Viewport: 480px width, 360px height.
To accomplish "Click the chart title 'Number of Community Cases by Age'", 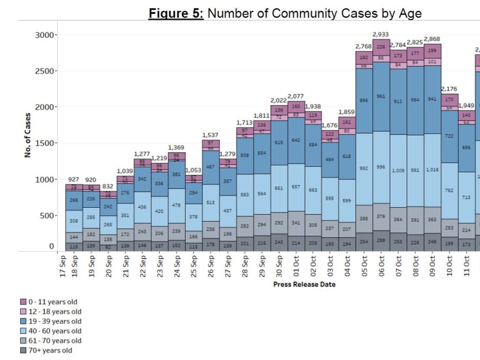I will (x=314, y=13).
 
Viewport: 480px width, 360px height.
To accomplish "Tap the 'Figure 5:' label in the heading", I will (x=176, y=13).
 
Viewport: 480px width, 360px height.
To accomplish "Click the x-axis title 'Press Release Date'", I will (x=304, y=284).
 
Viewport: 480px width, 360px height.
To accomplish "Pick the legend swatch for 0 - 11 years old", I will (x=23, y=302).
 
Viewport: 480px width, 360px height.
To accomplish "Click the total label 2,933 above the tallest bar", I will (x=381, y=34).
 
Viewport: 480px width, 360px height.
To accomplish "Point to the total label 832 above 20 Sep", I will (x=108, y=186).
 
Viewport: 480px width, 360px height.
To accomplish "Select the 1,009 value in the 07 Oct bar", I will (x=398, y=171).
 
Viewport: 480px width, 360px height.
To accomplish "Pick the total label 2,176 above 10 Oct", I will (x=449, y=89).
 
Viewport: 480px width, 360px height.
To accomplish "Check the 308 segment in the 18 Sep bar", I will (x=73, y=221).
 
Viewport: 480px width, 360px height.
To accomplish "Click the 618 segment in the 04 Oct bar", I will (x=346, y=156).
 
